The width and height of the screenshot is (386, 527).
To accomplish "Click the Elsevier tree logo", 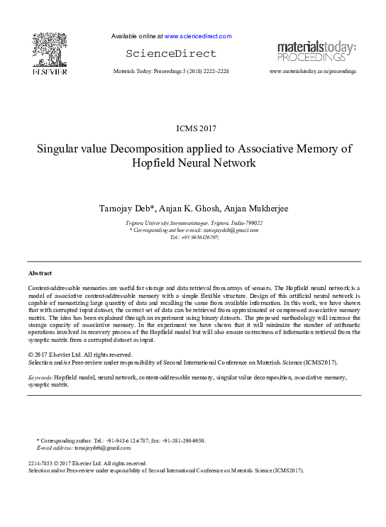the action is tap(49, 50).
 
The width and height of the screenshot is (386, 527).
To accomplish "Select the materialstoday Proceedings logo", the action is tap(316, 51).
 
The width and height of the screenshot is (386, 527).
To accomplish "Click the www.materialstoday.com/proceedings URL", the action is tap(313, 72).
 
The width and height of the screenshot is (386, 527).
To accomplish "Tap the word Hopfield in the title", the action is tap(157, 163).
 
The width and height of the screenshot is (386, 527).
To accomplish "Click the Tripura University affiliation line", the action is tap(194, 223).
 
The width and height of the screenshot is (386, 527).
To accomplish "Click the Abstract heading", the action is tap(40, 273).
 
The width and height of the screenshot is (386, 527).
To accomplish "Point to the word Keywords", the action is tap(40, 379).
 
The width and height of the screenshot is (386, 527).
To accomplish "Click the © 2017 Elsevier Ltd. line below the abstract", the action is tap(79, 355).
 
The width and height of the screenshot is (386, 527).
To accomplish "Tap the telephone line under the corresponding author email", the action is tap(194, 237).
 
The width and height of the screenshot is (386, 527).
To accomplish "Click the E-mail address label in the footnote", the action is tap(53, 449).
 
